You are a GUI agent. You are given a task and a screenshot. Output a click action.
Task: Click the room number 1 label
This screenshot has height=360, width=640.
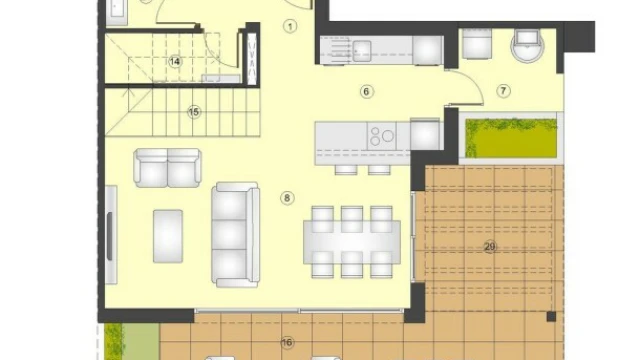pyautogui.click(x=290, y=27)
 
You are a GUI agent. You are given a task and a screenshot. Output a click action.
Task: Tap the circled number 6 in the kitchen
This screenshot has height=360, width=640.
pyautogui.click(x=366, y=92)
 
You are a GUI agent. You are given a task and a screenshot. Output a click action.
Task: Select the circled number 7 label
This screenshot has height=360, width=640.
pyautogui.click(x=503, y=91)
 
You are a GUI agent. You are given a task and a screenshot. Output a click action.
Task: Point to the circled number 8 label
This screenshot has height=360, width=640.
pyautogui.click(x=287, y=198)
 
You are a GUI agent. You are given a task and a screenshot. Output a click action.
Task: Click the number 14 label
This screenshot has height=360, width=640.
pyautogui.click(x=175, y=62)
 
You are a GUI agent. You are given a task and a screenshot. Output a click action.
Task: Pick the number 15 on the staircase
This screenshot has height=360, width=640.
pyautogui.click(x=194, y=112)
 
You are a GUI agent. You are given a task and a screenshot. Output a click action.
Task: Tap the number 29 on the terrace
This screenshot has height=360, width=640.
pyautogui.click(x=489, y=247)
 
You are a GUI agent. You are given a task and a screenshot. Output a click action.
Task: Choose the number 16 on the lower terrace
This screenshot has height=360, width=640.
pyautogui.click(x=287, y=342)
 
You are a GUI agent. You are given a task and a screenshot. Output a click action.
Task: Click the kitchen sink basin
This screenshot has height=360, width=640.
pyautogui.click(x=362, y=51)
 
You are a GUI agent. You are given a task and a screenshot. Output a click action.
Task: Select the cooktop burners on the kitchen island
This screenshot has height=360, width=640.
pyautogui.click(x=382, y=136)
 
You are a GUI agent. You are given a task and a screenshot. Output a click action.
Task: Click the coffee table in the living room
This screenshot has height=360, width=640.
pyautogui.click(x=168, y=236)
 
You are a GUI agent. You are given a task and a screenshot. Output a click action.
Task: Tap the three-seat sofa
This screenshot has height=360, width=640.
pyautogui.click(x=235, y=235)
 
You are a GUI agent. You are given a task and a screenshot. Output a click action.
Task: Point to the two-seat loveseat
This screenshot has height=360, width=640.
pyautogui.click(x=167, y=168)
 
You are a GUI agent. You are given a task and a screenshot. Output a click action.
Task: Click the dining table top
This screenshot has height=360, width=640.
pyautogui.click(x=352, y=242)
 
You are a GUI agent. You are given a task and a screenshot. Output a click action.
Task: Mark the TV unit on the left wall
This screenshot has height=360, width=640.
pyautogui.click(x=111, y=235)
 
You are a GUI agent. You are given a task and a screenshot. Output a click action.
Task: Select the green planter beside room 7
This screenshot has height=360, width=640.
pyautogui.click(x=512, y=138)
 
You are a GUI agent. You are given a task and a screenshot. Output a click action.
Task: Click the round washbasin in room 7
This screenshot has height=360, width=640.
pyautogui.click(x=527, y=45)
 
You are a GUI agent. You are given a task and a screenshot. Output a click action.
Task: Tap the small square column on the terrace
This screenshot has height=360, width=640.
pyautogui.click(x=551, y=316)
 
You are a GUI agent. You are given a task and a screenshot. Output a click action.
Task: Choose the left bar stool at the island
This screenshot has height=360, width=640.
pyautogui.click(x=346, y=169)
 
